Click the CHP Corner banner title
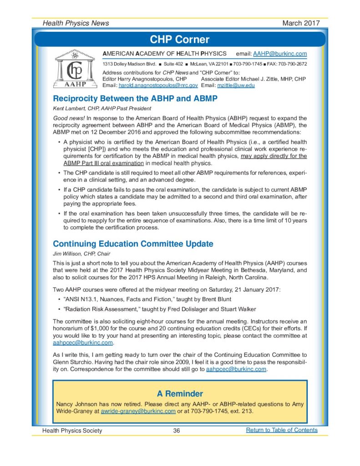(180, 40)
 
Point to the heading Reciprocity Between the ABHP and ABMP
(135, 98)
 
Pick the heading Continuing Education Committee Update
(133, 244)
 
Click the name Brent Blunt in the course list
(215, 299)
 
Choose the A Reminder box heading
(180, 393)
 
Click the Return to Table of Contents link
(281, 430)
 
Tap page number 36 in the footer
(177, 431)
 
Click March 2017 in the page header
(301, 23)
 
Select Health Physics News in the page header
(76, 23)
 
